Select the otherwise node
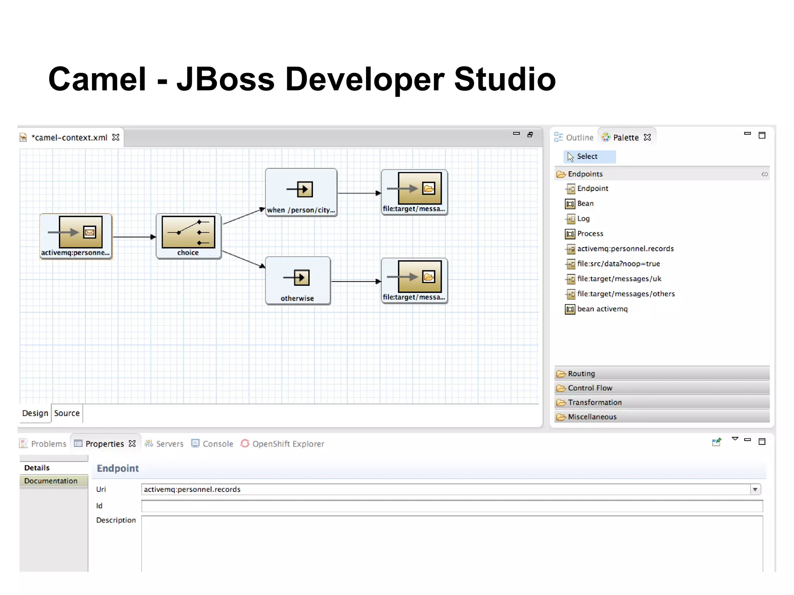click(x=298, y=281)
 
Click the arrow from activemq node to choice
click(x=134, y=237)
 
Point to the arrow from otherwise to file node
click(x=356, y=281)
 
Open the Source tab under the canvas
click(x=67, y=413)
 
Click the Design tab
click(x=35, y=413)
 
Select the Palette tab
click(x=625, y=138)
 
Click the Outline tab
click(x=579, y=138)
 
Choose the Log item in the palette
click(x=583, y=219)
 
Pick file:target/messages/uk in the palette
click(x=619, y=279)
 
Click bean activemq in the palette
click(x=602, y=309)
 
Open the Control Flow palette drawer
click(x=590, y=388)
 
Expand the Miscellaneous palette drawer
click(x=592, y=417)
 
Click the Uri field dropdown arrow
click(x=755, y=490)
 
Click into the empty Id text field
click(x=452, y=506)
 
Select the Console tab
click(x=217, y=444)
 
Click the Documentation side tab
click(x=51, y=481)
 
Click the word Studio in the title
click(x=505, y=79)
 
